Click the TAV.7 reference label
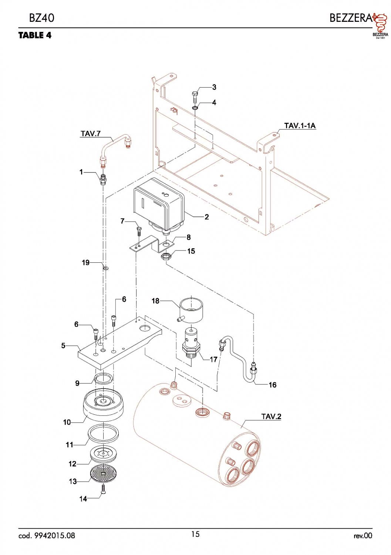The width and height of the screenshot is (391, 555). (90, 134)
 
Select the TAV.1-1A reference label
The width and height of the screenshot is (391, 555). (300, 126)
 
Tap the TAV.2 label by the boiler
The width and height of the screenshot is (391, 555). (271, 417)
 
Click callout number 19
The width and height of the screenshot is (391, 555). (86, 263)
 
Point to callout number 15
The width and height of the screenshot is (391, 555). (191, 251)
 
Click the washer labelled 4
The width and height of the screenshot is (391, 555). (195, 108)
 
